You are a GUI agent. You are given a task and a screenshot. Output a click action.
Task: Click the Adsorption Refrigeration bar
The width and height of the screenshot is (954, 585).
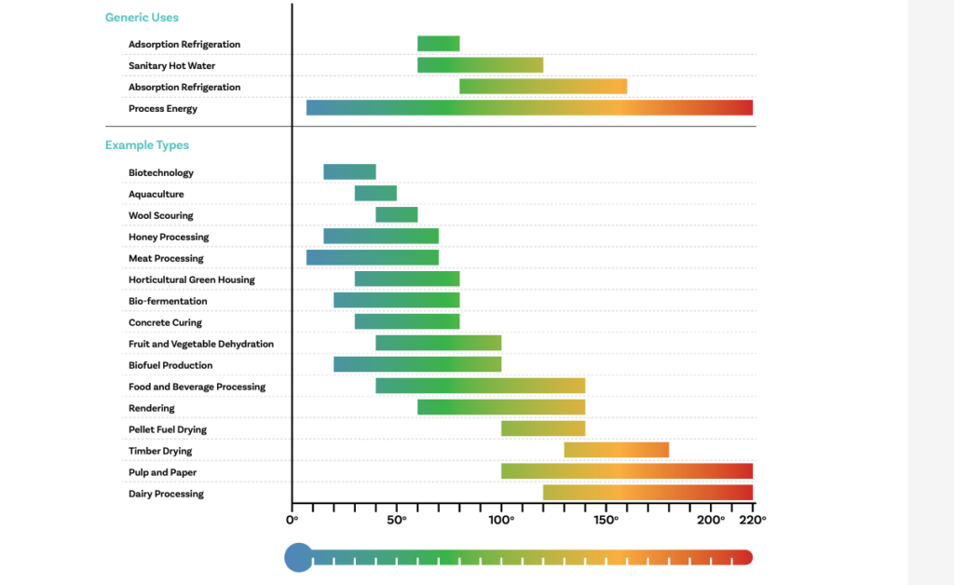point(438,44)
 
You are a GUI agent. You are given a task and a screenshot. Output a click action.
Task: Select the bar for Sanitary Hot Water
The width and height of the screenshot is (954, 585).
point(480,65)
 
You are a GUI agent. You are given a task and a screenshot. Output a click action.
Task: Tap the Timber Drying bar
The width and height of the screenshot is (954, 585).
point(616,450)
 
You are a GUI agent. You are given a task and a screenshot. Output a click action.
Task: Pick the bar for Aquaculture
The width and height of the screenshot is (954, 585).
point(375,194)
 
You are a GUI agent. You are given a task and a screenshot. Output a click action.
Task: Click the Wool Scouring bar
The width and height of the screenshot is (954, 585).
point(396,215)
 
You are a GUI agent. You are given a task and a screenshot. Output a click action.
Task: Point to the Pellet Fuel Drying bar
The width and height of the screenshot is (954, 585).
point(543,429)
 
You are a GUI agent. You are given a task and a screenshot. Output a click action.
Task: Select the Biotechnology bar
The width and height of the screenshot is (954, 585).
point(349,172)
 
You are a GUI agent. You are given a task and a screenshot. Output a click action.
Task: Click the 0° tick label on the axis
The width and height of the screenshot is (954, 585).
point(293,519)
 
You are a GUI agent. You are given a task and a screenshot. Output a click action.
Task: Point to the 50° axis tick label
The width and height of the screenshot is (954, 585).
point(397,519)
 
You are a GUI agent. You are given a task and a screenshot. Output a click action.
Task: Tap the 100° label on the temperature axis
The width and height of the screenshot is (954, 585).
point(501,519)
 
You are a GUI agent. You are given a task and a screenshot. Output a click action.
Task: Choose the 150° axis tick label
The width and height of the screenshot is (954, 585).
point(606,519)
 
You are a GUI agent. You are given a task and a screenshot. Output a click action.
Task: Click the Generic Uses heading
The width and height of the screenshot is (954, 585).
point(142,18)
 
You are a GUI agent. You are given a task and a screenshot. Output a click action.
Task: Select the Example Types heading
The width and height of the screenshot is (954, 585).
point(147,145)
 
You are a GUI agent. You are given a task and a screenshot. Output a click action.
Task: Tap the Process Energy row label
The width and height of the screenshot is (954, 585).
point(163,109)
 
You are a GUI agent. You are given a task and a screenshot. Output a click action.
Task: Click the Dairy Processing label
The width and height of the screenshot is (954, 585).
point(166,494)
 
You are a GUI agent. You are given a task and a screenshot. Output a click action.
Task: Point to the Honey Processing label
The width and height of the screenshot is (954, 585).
point(169,238)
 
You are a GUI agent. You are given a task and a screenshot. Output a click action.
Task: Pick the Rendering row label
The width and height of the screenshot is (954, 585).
point(152,408)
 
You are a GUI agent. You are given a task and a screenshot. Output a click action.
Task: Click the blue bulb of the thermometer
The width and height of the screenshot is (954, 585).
point(298,557)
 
